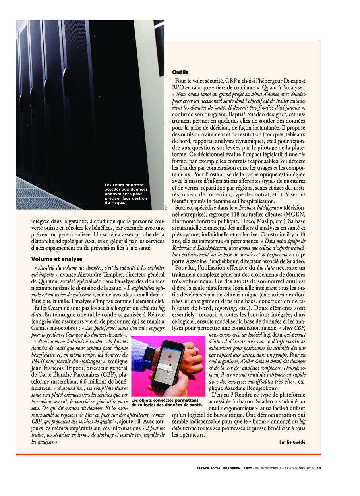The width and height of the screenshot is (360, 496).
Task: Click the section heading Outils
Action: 180,72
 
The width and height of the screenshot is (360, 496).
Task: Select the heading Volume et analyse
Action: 57,259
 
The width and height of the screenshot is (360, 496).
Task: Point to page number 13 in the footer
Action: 319,468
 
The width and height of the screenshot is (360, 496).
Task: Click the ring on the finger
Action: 196,351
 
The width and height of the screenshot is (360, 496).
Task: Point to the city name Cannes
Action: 41,329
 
